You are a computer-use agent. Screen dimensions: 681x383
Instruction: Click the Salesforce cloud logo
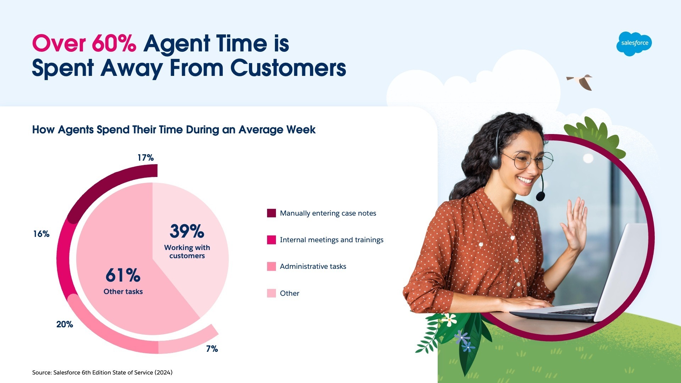pyautogui.click(x=634, y=44)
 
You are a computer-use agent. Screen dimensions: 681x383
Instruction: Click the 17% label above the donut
pyautogui.click(x=145, y=157)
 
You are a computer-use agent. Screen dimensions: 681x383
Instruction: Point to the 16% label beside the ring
pyautogui.click(x=41, y=234)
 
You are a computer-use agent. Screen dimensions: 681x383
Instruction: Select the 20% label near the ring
pyautogui.click(x=65, y=324)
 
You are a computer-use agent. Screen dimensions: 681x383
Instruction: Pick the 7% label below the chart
pyautogui.click(x=212, y=349)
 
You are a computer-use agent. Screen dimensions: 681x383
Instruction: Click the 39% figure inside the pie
pyautogui.click(x=187, y=231)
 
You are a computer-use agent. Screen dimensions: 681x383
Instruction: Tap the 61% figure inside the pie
pyautogui.click(x=123, y=275)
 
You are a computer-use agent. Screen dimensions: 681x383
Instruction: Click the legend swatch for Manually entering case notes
pyautogui.click(x=271, y=213)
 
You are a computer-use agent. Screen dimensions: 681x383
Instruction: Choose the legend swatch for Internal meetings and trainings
pyautogui.click(x=271, y=240)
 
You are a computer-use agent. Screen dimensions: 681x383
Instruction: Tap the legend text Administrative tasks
pyautogui.click(x=313, y=266)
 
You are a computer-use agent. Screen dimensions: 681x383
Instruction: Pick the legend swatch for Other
pyautogui.click(x=271, y=293)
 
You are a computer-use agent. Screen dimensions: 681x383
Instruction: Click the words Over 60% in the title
pyautogui.click(x=84, y=44)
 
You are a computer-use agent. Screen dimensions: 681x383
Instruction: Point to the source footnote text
pyautogui.click(x=102, y=372)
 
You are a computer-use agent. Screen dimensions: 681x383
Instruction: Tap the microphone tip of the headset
pyautogui.click(x=540, y=196)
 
